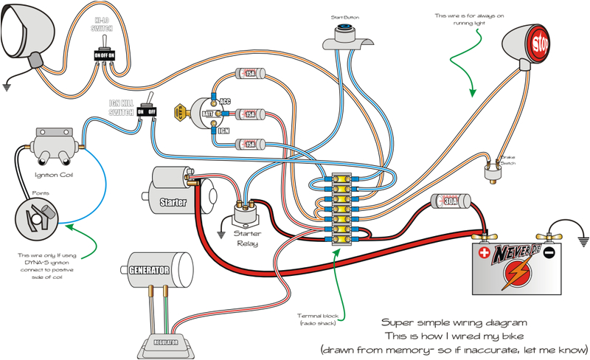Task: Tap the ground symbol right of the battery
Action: coord(582,240)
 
